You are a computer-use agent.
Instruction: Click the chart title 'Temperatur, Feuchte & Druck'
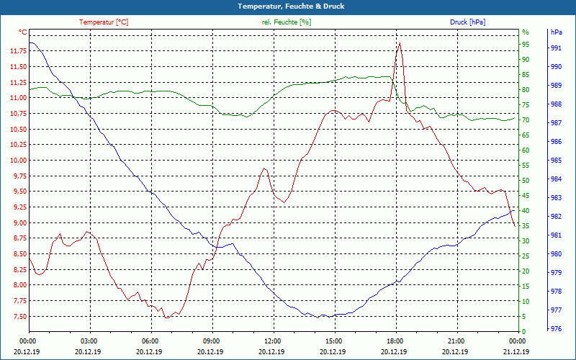pyautogui.click(x=287, y=6)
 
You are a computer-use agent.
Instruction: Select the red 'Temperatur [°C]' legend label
pyautogui.click(x=104, y=22)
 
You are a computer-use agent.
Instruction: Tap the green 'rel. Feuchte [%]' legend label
pyautogui.click(x=286, y=22)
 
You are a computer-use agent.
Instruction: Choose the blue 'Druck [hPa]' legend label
pyautogui.click(x=467, y=22)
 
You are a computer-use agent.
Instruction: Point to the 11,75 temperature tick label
pyautogui.click(x=18, y=51)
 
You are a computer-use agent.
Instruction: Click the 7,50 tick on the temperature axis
pyautogui.click(x=19, y=317)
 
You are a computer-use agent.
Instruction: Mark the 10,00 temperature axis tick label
pyautogui.click(x=18, y=161)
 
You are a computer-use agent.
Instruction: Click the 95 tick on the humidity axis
pyautogui.click(x=526, y=44)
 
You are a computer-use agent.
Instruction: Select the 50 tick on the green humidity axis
pyautogui.click(x=526, y=180)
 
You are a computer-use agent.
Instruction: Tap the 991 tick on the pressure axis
pyautogui.click(x=556, y=48)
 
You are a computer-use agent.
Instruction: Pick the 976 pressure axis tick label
pyautogui.click(x=556, y=329)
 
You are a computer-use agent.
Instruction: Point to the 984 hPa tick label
pyautogui.click(x=556, y=179)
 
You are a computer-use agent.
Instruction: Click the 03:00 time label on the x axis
pyautogui.click(x=89, y=341)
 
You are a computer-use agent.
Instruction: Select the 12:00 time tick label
pyautogui.click(x=273, y=341)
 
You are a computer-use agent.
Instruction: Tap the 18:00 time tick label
pyautogui.click(x=395, y=341)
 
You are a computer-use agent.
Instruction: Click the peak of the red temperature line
pyautogui.click(x=400, y=43)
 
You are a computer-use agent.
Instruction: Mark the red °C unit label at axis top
pyautogui.click(x=23, y=32)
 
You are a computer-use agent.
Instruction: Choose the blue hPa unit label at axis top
pyautogui.click(x=557, y=32)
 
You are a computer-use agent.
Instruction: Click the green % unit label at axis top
pyautogui.click(x=526, y=32)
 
